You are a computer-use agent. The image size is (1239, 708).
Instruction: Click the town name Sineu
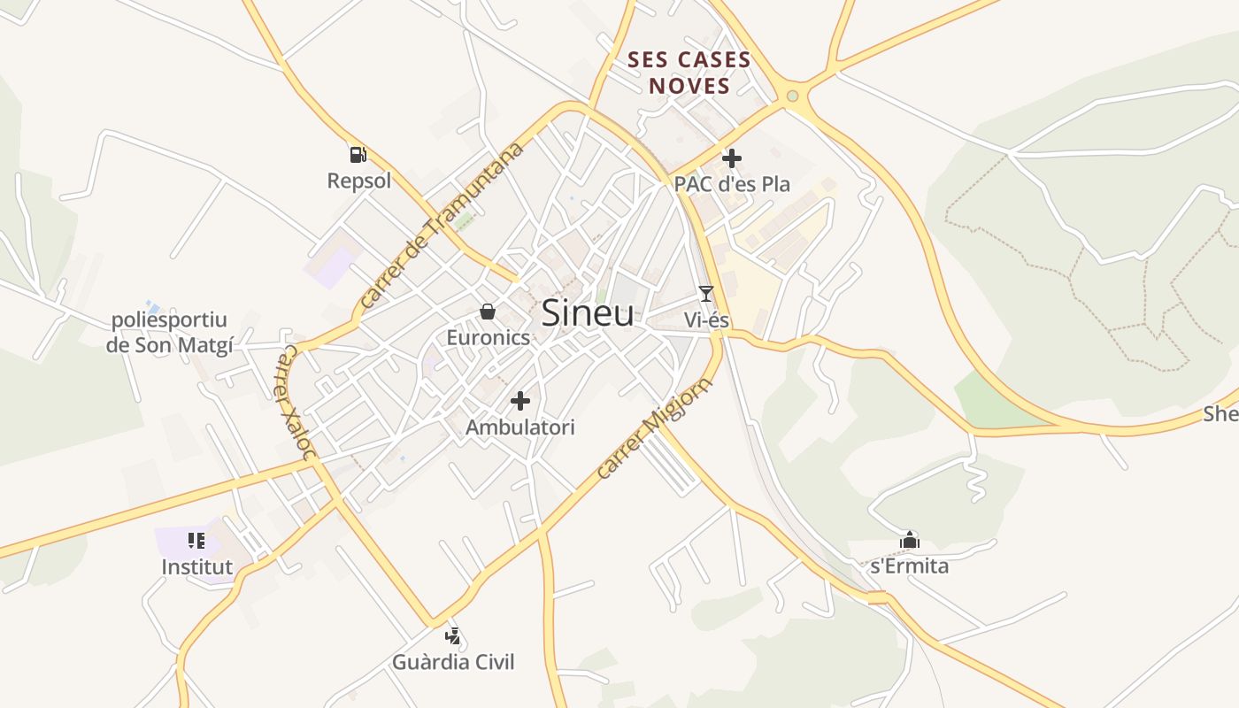(x=587, y=313)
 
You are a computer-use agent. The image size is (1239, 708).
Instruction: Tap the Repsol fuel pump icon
(x=358, y=155)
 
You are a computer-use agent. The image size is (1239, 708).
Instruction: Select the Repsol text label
(x=358, y=181)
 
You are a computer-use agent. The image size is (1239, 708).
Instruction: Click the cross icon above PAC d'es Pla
(x=731, y=159)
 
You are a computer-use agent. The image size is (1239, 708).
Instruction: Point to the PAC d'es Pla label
(x=732, y=184)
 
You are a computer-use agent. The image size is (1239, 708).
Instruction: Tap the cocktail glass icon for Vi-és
(x=705, y=294)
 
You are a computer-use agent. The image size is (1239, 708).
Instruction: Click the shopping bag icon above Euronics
(x=487, y=312)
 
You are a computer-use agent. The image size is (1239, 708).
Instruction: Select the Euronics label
(x=488, y=337)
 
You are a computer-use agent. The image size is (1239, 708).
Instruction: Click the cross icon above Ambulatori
(x=520, y=401)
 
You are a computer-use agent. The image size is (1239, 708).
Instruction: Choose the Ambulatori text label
(x=520, y=427)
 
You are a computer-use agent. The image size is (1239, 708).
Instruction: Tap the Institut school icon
(x=196, y=541)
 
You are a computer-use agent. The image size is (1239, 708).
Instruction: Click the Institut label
(x=196, y=566)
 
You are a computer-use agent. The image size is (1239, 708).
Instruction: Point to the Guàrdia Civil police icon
(x=453, y=635)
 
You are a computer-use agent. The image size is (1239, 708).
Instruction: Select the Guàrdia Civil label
(x=453, y=662)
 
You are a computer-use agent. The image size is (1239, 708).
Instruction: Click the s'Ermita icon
(x=909, y=541)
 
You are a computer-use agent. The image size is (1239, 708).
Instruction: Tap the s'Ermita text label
(x=909, y=566)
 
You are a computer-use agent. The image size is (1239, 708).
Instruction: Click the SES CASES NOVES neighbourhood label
(x=689, y=73)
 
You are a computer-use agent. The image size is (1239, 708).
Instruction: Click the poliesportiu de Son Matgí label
(x=169, y=333)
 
